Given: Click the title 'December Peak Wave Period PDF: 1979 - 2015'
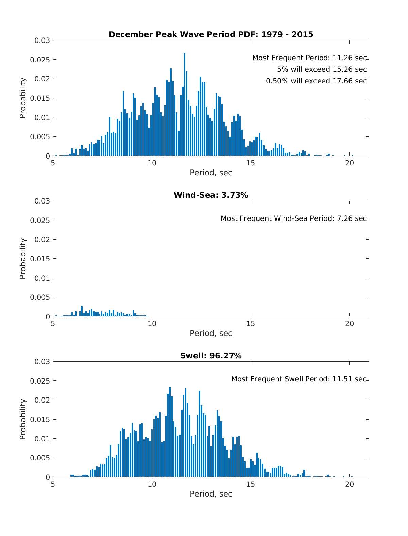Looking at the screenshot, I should pyautogui.click(x=211, y=34).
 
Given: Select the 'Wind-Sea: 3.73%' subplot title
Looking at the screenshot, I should pyautogui.click(x=211, y=195).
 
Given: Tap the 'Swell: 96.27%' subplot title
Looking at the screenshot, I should pyautogui.click(x=211, y=356).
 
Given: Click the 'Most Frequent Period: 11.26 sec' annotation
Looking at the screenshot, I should pyautogui.click(x=309, y=58).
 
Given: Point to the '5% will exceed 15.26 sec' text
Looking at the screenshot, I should pyautogui.click(x=322, y=69).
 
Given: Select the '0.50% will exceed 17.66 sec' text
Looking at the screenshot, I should pyautogui.click(x=316, y=81).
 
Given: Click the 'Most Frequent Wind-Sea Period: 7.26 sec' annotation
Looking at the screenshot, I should pyautogui.click(x=293, y=218).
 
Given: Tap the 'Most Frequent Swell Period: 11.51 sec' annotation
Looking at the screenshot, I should pyautogui.click(x=299, y=379).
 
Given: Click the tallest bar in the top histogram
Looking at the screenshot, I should pyautogui.click(x=185, y=105).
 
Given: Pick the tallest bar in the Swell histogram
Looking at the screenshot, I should pyautogui.click(x=170, y=432).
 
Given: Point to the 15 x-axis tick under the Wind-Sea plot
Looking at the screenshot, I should pyautogui.click(x=251, y=324).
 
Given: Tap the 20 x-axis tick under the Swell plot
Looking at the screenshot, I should pyautogui.click(x=350, y=484).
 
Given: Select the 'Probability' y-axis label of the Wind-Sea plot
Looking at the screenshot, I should pyautogui.click(x=23, y=259).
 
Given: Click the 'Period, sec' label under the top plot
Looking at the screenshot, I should pyautogui.click(x=211, y=173).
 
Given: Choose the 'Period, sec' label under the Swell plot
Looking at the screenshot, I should pyautogui.click(x=211, y=494).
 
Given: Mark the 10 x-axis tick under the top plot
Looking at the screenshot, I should pyautogui.click(x=152, y=163).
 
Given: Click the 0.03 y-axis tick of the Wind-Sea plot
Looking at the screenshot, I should pyautogui.click(x=42, y=201).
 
